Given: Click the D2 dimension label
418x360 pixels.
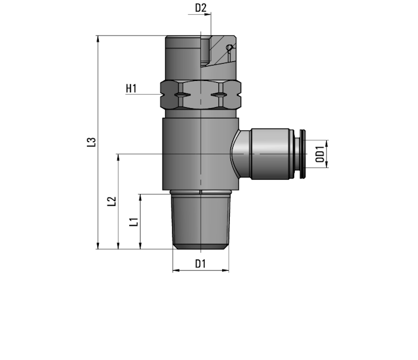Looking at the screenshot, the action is coord(201,8).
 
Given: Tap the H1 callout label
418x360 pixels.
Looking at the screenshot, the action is coord(131,89).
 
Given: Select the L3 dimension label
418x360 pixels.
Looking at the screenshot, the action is coord(91,142).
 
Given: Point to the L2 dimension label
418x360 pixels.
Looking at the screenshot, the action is coord(112,201).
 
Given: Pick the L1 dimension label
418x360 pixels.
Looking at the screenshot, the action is coord(134,222).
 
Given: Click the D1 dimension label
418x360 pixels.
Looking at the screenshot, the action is coord(201,264).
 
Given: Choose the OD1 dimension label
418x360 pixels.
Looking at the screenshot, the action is coord(320,154).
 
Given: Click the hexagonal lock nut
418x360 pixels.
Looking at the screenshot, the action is coord(201,95).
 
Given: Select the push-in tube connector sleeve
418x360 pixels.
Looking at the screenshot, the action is coord(270,154).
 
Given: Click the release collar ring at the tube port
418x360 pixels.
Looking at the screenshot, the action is coord(302,154).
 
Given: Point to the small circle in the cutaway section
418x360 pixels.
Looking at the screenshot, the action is coord(229,48).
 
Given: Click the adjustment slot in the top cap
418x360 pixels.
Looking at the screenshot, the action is coord(205,51).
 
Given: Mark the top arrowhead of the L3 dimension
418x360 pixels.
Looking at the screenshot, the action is coord(98,38).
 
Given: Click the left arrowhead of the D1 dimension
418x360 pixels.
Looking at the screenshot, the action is coord(176,271).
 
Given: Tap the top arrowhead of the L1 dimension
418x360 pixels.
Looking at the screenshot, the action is coord(140,197).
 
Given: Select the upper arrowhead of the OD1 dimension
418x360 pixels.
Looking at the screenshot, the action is coord(327,143).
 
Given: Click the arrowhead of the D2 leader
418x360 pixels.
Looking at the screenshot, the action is coord(208,14).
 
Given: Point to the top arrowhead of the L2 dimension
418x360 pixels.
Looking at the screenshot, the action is coord(118,157).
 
